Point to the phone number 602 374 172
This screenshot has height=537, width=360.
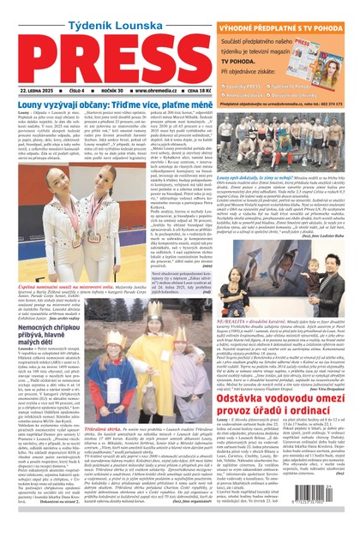coord(335,102)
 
